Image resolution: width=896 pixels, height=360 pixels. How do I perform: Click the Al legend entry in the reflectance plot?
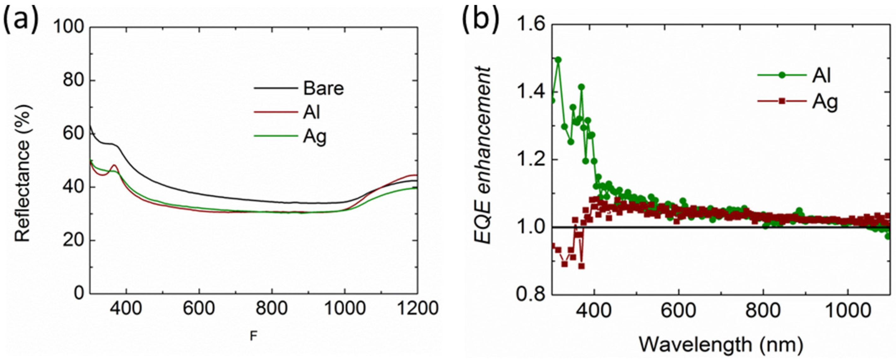(x=312, y=113)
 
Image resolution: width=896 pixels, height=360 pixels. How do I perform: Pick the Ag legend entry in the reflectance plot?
(x=315, y=137)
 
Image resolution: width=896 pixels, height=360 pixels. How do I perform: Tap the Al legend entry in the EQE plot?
(x=821, y=75)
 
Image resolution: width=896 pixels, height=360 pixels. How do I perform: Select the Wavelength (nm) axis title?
(x=720, y=345)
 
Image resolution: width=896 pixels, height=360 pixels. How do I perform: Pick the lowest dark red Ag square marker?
(x=581, y=266)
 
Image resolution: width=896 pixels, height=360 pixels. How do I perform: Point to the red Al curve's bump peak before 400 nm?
(x=115, y=166)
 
